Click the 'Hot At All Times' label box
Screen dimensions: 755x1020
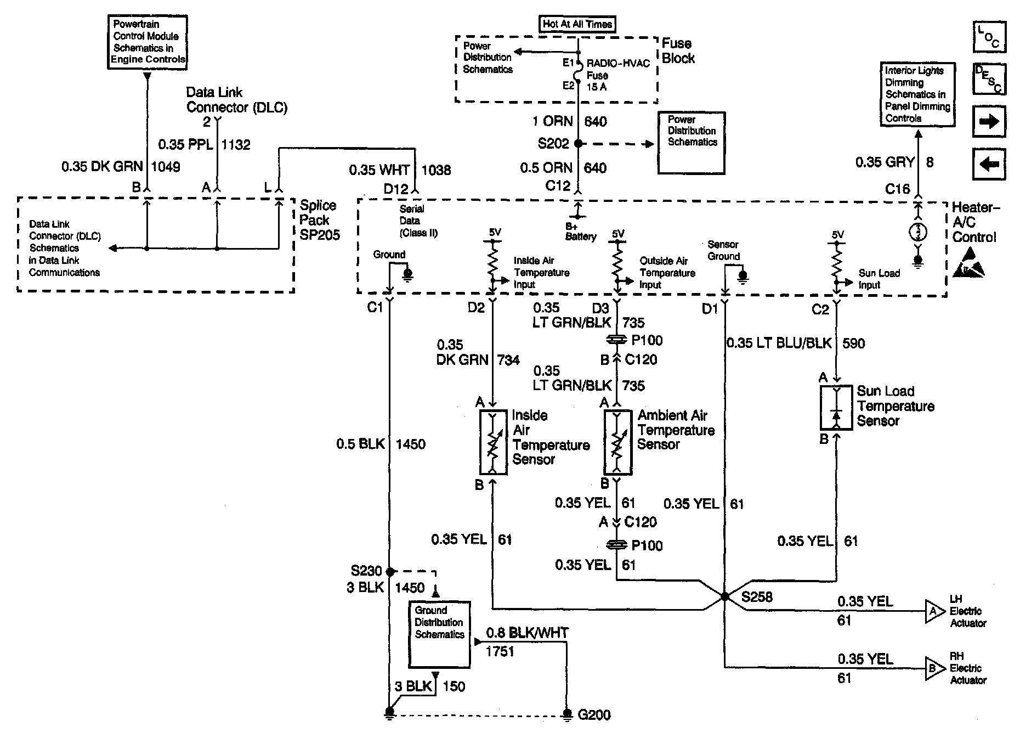[576, 24]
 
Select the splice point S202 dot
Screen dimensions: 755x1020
[577, 143]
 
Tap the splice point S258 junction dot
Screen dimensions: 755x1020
[724, 596]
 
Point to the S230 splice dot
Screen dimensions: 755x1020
[389, 571]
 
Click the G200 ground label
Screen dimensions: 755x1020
[594, 715]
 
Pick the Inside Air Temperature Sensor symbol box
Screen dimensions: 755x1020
[493, 442]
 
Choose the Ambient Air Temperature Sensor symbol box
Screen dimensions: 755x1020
[617, 442]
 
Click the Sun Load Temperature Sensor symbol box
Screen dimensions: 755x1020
[836, 408]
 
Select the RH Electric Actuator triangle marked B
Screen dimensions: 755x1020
[934, 668]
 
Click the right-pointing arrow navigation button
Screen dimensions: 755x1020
[989, 121]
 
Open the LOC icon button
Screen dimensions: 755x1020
[989, 37]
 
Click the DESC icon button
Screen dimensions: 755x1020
[989, 79]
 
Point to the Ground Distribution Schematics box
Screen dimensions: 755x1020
[439, 634]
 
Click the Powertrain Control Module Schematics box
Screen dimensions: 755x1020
[148, 42]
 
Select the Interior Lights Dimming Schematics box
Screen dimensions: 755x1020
[917, 94]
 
